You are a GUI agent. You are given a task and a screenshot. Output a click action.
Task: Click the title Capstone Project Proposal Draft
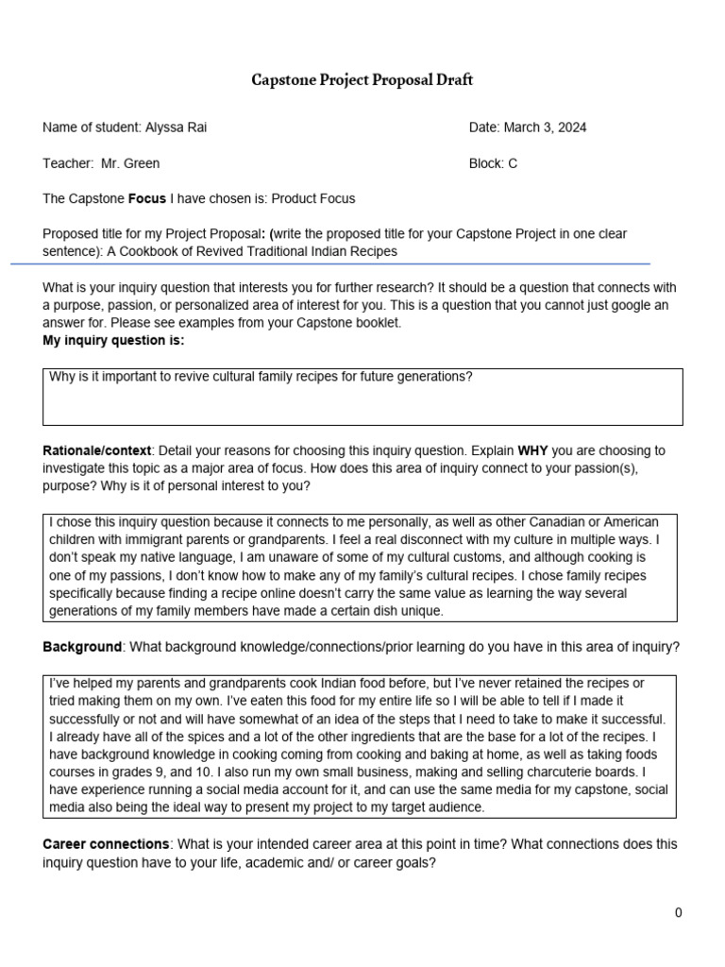coord(362,80)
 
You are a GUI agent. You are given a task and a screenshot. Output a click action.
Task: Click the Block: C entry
coord(493,163)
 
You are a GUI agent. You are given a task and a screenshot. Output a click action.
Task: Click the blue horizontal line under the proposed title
coord(330,264)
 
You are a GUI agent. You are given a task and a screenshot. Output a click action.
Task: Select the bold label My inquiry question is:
coord(113,340)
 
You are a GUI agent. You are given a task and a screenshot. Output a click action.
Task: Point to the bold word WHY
coord(532,450)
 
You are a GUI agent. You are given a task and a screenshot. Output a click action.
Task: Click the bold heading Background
coord(82,647)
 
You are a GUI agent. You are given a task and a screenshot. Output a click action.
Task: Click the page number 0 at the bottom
coord(678,912)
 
